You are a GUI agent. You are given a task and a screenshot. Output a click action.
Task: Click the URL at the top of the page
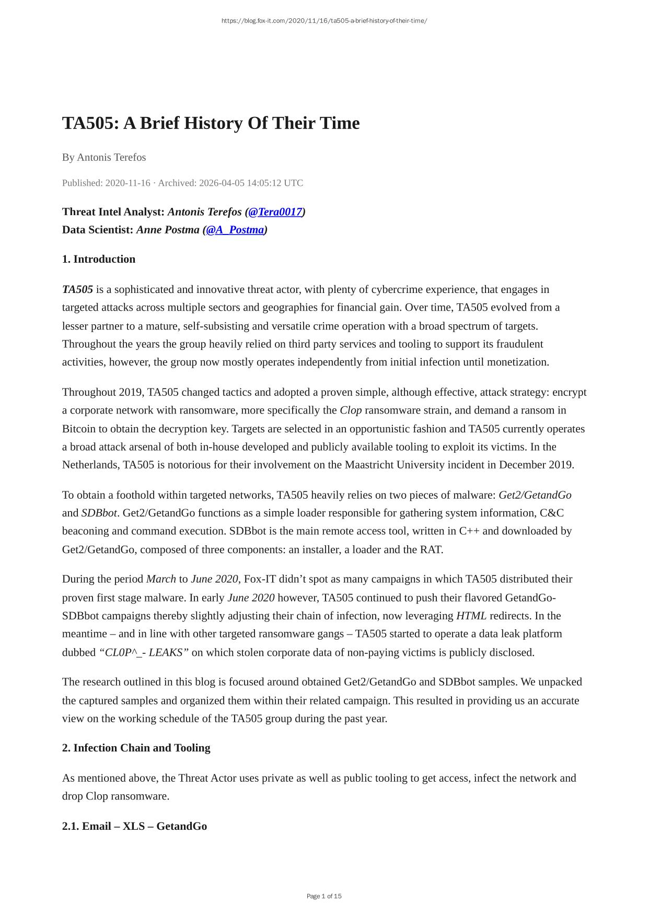click(x=324, y=21)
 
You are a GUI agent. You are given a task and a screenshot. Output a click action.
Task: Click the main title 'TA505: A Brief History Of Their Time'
click(x=211, y=123)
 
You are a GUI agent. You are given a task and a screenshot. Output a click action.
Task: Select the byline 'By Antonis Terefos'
click(x=104, y=157)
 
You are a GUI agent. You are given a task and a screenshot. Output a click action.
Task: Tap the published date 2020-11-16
click(x=128, y=183)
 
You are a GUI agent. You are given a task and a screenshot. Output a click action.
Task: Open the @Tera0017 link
click(x=275, y=211)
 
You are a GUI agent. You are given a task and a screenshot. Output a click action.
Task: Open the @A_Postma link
click(x=235, y=230)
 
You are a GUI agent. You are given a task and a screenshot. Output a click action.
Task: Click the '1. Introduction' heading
click(x=99, y=259)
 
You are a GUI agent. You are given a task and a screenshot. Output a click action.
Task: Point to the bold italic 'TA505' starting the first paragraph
click(x=77, y=289)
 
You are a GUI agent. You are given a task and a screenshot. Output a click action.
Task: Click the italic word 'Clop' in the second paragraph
click(x=351, y=410)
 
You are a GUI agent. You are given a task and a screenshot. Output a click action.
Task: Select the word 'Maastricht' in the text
click(x=369, y=465)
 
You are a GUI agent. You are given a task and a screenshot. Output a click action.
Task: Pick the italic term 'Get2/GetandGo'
click(x=535, y=495)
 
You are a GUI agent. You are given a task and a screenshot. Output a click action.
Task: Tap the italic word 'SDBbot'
click(x=99, y=513)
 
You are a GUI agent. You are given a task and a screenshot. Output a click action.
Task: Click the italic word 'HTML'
click(x=471, y=616)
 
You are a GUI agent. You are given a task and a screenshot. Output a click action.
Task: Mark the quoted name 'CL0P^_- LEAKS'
click(x=144, y=652)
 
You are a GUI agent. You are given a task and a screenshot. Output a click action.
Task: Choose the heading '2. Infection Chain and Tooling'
click(x=136, y=748)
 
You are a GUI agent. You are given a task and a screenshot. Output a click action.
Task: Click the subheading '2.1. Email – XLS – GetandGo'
click(x=134, y=826)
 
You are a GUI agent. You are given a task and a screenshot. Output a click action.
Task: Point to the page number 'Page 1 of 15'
click(x=324, y=896)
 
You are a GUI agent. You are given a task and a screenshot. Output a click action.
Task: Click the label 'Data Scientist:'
click(x=98, y=230)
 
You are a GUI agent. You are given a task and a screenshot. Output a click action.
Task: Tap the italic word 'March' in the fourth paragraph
click(x=161, y=579)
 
